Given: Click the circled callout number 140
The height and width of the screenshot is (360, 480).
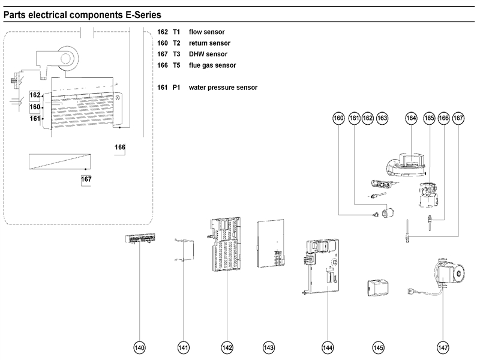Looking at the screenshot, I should coord(140,347).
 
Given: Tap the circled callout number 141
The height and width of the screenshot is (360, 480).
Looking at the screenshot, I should coord(184,347).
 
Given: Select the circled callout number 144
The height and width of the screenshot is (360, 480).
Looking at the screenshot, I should coord(327,347).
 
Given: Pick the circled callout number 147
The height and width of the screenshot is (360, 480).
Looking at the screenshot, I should coord(443,347).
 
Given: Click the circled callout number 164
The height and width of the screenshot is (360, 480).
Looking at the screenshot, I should coord(411,119).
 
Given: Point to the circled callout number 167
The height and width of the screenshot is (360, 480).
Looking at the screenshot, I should coord(459,119).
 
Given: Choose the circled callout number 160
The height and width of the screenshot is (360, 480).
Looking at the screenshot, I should coord(339,119).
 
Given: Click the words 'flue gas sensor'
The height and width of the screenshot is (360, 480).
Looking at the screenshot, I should coord(212,65).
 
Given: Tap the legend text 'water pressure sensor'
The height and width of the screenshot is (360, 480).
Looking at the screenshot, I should coord(223,88).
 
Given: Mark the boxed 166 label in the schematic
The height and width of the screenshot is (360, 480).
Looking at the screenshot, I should coord(120,148).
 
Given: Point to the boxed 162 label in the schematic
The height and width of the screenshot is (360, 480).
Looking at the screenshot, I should coord(35,95).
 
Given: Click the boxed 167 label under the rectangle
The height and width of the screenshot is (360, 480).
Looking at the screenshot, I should coord(86,179).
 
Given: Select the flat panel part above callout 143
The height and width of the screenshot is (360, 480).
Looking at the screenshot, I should coord(269,243).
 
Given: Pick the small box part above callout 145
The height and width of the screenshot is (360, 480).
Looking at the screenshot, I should coord(376,287).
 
